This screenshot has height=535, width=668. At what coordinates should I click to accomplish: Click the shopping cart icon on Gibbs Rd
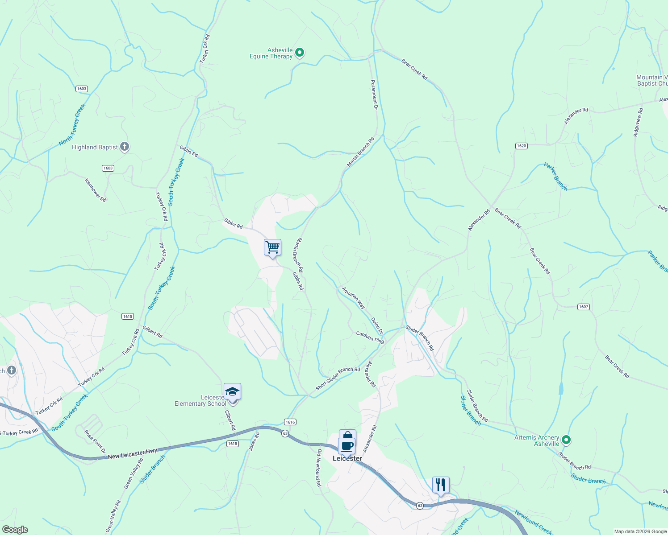tap(272, 247)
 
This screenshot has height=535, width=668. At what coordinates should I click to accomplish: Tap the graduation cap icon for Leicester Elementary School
tap(232, 392)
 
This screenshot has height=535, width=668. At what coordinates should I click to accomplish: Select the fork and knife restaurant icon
tap(441, 485)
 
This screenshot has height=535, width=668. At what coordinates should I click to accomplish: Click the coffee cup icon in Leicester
tap(347, 445)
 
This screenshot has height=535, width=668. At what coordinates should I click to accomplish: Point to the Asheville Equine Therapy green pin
tap(300, 53)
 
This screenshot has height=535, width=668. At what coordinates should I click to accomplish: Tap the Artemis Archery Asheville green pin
tap(566, 440)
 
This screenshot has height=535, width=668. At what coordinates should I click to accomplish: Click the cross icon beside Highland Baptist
tap(125, 147)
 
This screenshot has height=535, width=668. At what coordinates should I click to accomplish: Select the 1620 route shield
tap(521, 146)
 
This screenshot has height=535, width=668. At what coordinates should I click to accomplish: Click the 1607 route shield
tap(583, 307)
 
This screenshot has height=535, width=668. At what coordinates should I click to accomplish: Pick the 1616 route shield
tap(290, 422)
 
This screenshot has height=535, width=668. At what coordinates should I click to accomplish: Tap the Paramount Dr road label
tap(374, 95)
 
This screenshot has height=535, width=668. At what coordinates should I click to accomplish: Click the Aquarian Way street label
tap(354, 298)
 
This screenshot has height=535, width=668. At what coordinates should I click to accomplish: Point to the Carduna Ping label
tap(370, 337)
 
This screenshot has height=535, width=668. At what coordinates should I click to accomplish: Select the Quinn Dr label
tap(377, 326)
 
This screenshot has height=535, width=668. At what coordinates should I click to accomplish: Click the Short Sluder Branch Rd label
tap(338, 379)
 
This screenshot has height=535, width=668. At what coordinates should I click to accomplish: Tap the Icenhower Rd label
tap(96, 190)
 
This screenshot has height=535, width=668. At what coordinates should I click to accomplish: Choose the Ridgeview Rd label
tap(638, 122)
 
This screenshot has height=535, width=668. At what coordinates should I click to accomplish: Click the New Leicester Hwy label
tap(132, 454)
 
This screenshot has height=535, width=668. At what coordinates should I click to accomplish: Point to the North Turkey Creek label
tap(72, 125)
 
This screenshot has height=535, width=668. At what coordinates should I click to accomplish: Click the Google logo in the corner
tap(15, 530)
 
